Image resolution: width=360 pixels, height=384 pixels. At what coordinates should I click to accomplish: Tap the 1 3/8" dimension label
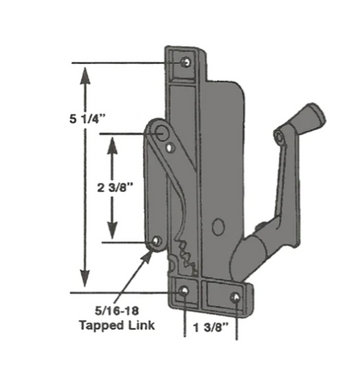[x=211, y=328]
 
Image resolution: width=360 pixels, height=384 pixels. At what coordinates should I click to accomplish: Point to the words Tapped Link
[x=117, y=325]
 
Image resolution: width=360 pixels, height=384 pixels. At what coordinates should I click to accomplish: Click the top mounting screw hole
[x=186, y=62]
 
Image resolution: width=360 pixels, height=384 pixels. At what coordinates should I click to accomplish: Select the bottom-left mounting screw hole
[x=184, y=291]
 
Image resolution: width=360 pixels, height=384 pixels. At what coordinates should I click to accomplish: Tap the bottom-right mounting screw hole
[x=235, y=297]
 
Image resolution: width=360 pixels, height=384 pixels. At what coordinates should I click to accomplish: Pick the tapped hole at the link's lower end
[x=156, y=241]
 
